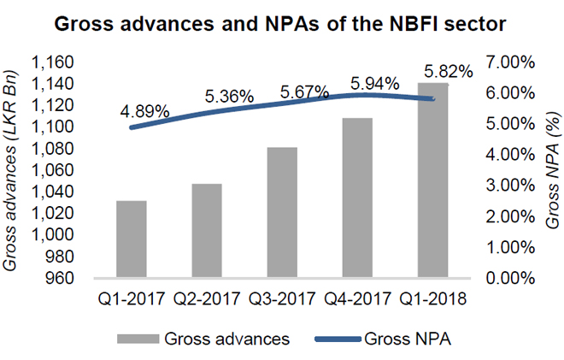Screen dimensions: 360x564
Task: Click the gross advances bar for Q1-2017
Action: [132, 239]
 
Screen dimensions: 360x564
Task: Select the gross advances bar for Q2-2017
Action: [207, 231]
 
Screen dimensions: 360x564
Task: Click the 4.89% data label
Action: [144, 112]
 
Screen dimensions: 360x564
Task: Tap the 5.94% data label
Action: [376, 84]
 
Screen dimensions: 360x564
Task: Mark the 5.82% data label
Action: [448, 73]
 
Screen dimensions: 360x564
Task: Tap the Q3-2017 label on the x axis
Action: [283, 301]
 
